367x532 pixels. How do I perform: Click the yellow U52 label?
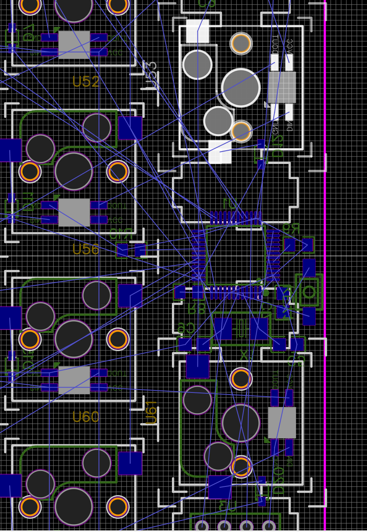[86, 82]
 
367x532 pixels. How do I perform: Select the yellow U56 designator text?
[86, 249]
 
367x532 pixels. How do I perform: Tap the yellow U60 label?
[86, 417]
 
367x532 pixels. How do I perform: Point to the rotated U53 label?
[151, 75]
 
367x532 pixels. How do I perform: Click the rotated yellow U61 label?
[151, 412]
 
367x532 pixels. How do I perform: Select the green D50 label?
[279, 480]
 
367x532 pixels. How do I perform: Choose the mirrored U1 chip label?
[230, 203]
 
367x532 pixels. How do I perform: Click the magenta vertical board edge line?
[325, 265]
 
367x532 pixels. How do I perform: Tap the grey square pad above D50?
[282, 422]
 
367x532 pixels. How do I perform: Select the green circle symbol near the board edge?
[309, 291]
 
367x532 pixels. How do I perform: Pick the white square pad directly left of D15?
[219, 152]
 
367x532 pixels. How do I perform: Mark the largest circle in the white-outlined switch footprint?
[241, 88]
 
